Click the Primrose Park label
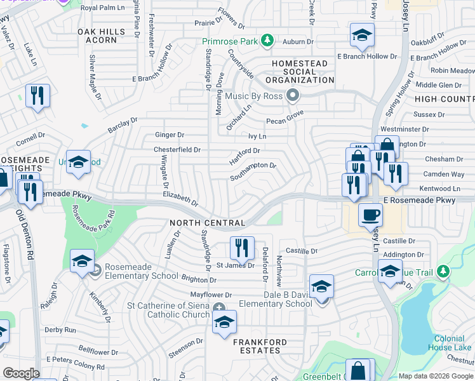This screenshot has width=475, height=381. coord(231,42)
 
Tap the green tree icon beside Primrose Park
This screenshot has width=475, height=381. coord(267,41)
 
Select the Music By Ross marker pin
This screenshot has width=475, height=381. coord(293,95)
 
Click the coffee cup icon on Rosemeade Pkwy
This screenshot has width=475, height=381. coord(370,214)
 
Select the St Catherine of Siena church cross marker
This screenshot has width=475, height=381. coord(219,309)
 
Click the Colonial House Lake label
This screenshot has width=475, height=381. coord(453,343)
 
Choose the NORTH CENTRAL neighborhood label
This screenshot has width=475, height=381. coord(208,223)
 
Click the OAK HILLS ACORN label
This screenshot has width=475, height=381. coord(97,36)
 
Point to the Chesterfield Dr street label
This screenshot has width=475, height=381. coord(177,150)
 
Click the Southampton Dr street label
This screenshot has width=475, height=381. coord(253,170)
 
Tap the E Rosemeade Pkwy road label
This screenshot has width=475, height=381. coord(429,201)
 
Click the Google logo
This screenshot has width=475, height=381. coord(21,373)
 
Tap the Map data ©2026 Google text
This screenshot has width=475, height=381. coord(436,376)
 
